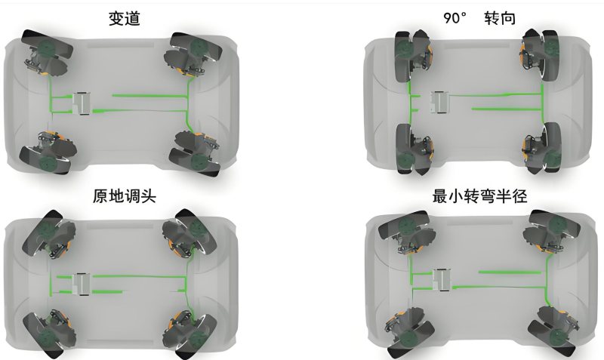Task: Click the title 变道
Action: [124, 18]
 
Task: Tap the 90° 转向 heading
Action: [479, 18]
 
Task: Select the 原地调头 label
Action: [125, 196]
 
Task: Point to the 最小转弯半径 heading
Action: [479, 196]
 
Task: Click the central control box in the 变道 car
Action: [82, 103]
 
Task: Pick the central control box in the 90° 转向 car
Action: [440, 103]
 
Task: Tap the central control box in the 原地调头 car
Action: [82, 284]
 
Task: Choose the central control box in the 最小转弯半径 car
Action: [442, 280]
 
